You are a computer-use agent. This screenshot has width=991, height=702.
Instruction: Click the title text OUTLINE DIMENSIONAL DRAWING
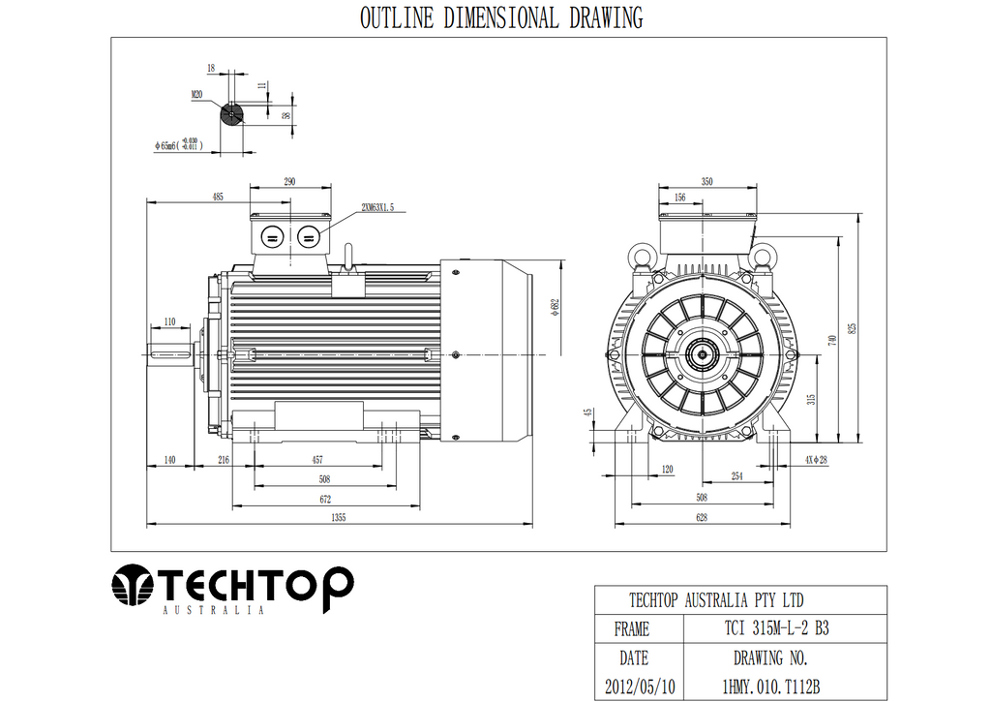pyautogui.click(x=500, y=17)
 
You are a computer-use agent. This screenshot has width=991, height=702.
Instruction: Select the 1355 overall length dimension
pyautogui.click(x=339, y=518)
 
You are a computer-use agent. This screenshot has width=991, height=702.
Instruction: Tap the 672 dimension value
pyautogui.click(x=325, y=499)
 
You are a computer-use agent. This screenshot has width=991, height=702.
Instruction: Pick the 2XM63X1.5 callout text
pyautogui.click(x=377, y=207)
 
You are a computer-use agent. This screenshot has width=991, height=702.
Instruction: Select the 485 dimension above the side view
pyautogui.click(x=218, y=197)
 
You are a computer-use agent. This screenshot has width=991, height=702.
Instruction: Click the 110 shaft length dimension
pyautogui.click(x=169, y=321)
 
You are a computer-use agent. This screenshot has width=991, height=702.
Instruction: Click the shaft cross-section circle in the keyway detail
pyautogui.click(x=231, y=115)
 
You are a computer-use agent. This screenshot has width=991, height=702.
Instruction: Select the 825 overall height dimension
pyautogui.click(x=853, y=327)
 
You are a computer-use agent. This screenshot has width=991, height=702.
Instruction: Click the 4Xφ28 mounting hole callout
pyautogui.click(x=815, y=460)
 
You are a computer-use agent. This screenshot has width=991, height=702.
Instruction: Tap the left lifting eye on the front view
pyautogui.click(x=642, y=255)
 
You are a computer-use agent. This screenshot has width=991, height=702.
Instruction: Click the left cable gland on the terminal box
pyautogui.click(x=271, y=235)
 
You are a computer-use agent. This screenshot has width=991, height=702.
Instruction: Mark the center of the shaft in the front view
pyautogui.click(x=700, y=355)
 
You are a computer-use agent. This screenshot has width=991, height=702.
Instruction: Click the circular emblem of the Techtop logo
pyautogui.click(x=133, y=585)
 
